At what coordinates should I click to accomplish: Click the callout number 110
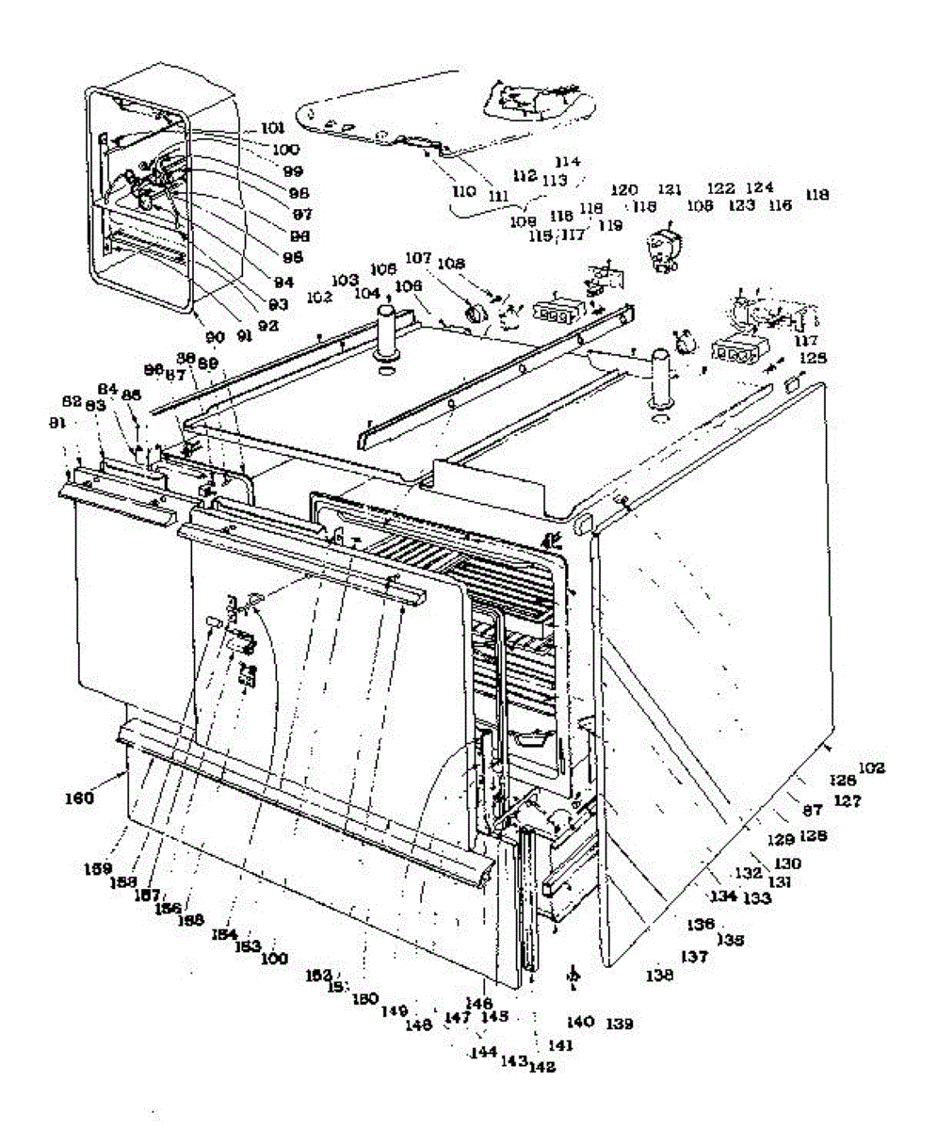[463, 191]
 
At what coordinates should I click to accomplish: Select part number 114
[569, 161]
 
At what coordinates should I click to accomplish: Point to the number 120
[624, 189]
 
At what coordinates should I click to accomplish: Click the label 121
[670, 189]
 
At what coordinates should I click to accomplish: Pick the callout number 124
[760, 188]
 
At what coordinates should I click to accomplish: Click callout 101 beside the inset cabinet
[271, 128]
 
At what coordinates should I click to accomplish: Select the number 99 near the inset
[267, 170]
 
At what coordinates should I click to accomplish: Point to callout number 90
[216, 336]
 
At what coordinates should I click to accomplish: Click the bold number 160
[78, 799]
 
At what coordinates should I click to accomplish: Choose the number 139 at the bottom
[619, 1023]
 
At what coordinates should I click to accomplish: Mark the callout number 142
[541, 1067]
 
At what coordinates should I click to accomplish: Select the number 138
[660, 977]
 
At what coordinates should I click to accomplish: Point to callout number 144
[485, 1053]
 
